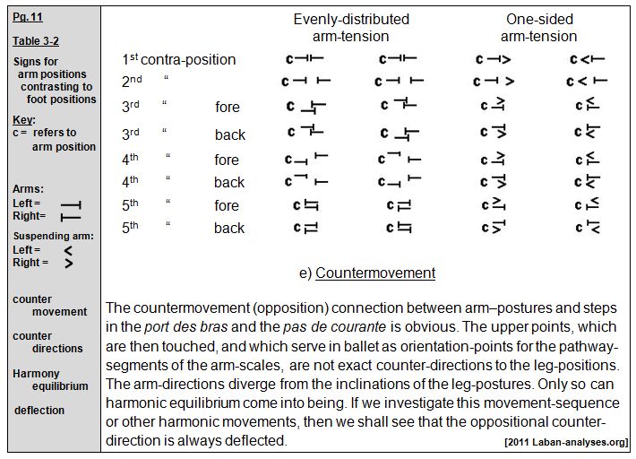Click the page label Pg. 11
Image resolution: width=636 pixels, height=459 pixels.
click(27, 17)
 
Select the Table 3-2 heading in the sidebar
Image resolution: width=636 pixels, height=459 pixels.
click(36, 41)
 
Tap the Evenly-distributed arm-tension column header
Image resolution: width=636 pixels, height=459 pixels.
click(351, 28)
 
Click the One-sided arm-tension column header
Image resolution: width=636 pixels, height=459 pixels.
click(538, 28)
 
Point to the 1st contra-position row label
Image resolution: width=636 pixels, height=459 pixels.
click(179, 60)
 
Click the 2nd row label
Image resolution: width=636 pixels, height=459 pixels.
click(133, 81)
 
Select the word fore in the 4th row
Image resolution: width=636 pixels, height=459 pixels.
click(227, 160)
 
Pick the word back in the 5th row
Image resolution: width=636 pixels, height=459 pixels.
click(229, 228)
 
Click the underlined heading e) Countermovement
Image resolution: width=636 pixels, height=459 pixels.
click(367, 273)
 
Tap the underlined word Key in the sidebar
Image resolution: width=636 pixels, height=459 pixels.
click(22, 120)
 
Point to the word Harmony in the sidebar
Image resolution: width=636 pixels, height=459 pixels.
click(36, 373)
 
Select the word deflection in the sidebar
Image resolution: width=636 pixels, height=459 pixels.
click(39, 411)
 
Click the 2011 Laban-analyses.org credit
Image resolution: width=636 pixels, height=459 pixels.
click(566, 442)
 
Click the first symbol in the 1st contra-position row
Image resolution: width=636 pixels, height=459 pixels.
click(304, 59)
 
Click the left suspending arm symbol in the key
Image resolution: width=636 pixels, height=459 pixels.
click(67, 250)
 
